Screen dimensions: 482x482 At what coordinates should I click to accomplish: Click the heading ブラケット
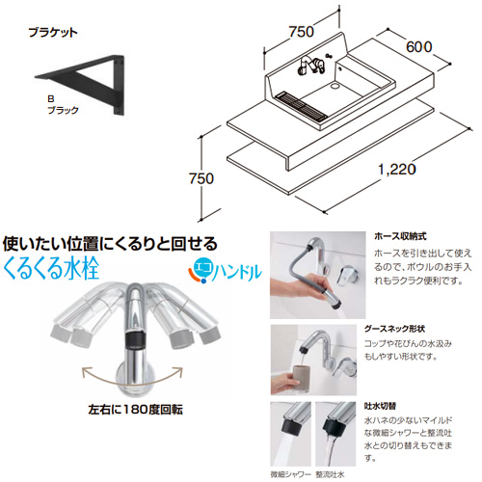pyautogui.click(x=53, y=33)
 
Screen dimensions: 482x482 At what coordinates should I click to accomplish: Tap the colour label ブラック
pyautogui.click(x=63, y=110)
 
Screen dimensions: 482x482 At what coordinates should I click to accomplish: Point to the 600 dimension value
pyautogui.click(x=419, y=47)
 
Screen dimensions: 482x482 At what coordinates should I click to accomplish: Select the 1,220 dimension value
pyautogui.click(x=397, y=170)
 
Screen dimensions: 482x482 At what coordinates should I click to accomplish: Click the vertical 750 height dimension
pyautogui.click(x=201, y=178)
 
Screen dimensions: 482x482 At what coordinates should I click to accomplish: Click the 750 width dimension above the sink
pyautogui.click(x=301, y=32)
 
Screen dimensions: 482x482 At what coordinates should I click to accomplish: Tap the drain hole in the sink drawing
pyautogui.click(x=335, y=86)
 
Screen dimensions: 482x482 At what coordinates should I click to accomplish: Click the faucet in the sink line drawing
pyautogui.click(x=310, y=66)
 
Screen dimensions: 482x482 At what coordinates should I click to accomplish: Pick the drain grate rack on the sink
pyautogui.click(x=301, y=106)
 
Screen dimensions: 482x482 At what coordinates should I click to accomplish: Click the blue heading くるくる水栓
pyautogui.click(x=51, y=268)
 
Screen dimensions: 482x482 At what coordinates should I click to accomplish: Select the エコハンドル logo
pyautogui.click(x=225, y=272)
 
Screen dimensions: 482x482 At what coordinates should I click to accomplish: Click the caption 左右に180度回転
pyautogui.click(x=136, y=410)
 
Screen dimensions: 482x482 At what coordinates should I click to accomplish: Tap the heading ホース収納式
pyautogui.click(x=400, y=236)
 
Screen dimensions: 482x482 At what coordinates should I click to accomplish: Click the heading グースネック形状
pyautogui.click(x=394, y=329)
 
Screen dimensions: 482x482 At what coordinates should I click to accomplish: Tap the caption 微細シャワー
pyautogui.click(x=291, y=474)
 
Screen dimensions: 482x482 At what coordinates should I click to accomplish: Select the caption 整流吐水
pyautogui.click(x=331, y=474)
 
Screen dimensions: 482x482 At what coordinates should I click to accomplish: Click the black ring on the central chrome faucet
pyautogui.click(x=135, y=340)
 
